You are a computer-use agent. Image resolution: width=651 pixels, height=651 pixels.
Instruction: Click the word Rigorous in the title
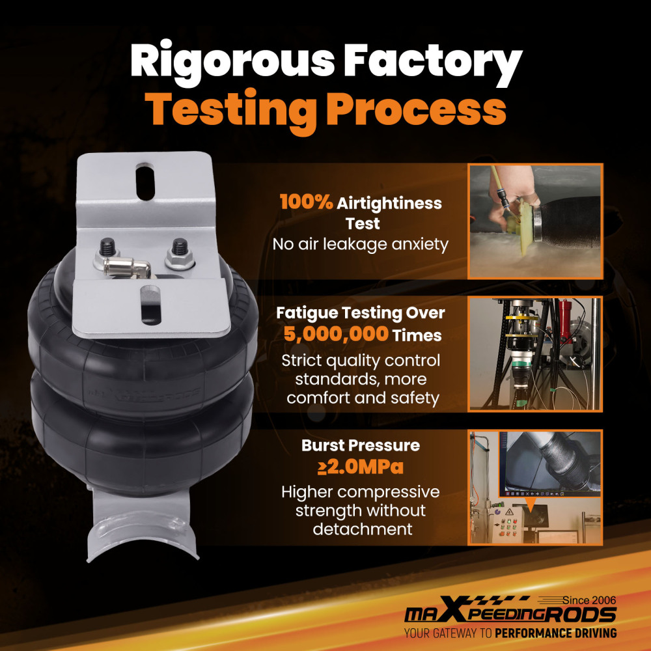[x=232, y=62]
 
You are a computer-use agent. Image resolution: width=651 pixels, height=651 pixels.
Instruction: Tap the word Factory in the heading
[x=432, y=62]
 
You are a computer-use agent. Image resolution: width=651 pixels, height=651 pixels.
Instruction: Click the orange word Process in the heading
[x=416, y=109]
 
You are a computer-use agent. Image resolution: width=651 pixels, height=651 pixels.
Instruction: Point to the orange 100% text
[x=307, y=202]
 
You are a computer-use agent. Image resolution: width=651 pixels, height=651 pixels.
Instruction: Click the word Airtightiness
[x=389, y=203]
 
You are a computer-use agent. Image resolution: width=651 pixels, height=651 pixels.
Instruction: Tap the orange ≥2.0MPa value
[x=361, y=467]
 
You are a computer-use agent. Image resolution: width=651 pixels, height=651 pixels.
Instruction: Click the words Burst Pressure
[x=361, y=445]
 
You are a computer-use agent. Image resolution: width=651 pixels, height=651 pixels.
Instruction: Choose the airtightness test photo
[x=535, y=221]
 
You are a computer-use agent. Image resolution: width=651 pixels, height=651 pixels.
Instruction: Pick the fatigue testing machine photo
[x=535, y=353]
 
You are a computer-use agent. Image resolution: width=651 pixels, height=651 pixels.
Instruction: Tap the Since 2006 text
[x=589, y=600]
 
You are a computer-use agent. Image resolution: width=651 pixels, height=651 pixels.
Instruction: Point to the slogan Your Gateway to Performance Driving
[x=510, y=633]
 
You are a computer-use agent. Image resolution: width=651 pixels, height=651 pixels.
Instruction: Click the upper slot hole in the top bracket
[x=145, y=182]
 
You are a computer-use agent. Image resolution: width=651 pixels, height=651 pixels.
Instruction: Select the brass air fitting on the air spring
[x=126, y=266]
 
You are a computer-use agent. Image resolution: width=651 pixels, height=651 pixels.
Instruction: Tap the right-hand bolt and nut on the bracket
[x=180, y=253]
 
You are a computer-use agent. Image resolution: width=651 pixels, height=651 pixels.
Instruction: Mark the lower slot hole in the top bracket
[x=150, y=305]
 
